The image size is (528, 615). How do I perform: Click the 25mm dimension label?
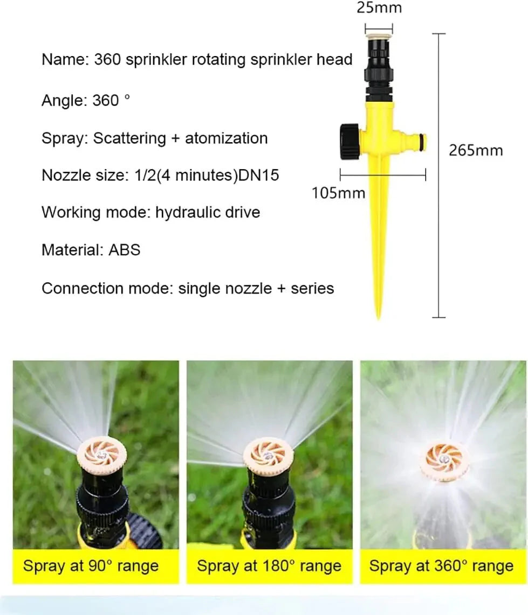[x=379, y=8]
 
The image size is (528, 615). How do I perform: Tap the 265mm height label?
[x=475, y=150]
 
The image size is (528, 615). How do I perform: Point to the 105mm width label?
[x=338, y=192]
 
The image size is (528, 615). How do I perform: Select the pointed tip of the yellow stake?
[x=378, y=315]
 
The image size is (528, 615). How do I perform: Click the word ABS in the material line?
[x=124, y=250]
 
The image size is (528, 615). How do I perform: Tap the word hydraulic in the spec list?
[x=185, y=212]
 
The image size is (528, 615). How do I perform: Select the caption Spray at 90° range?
[x=91, y=566]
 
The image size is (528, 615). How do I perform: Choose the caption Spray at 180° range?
[x=269, y=566]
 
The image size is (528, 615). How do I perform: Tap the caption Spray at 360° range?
[x=441, y=566]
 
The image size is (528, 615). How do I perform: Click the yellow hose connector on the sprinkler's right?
[x=416, y=141]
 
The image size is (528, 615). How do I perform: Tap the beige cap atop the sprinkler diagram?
[x=379, y=35]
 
